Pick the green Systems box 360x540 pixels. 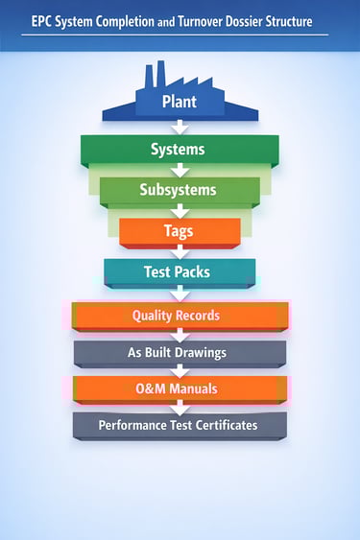tap(180, 150)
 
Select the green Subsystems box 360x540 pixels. tap(180, 189)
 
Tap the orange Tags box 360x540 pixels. tap(180, 231)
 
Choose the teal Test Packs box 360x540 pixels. tap(180, 271)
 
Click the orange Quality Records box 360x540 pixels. tap(180, 315)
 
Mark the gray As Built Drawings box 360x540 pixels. tap(180, 352)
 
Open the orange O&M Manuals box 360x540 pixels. tap(180, 387)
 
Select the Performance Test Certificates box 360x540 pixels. tap(180, 424)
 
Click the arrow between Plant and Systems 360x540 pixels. tap(180, 128)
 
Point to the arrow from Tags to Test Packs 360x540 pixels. tap(180, 251)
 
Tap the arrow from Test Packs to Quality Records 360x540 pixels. tap(180, 293)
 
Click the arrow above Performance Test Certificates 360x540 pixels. tap(180, 407)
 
